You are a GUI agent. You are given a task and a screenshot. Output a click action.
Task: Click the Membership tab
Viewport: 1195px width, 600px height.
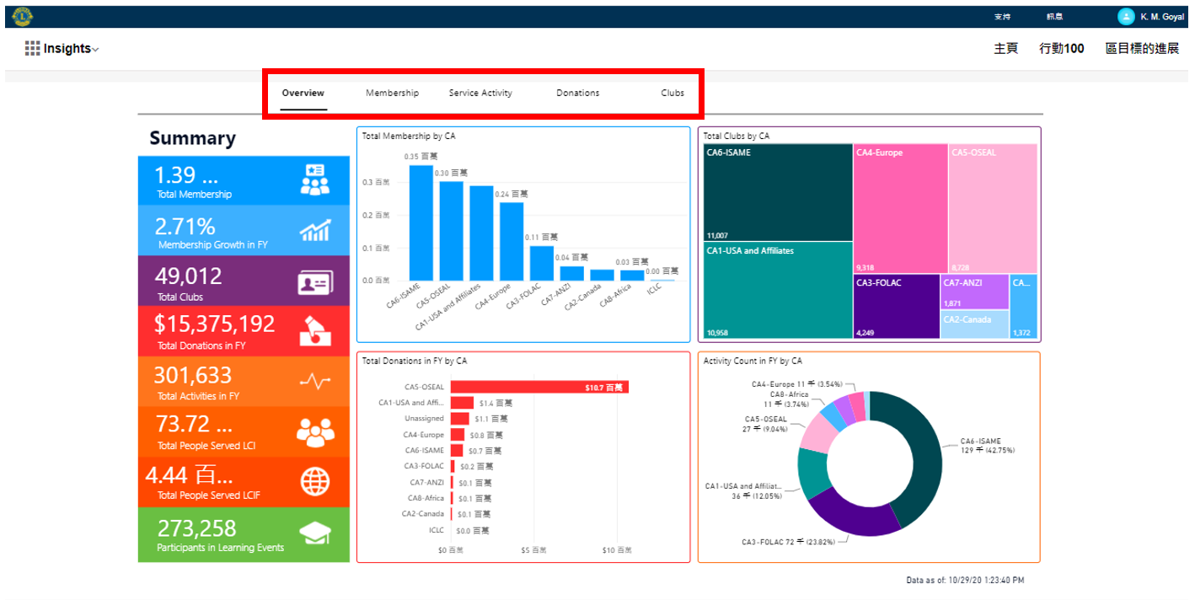click(392, 93)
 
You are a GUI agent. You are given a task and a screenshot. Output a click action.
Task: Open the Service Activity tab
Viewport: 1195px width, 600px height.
click(480, 93)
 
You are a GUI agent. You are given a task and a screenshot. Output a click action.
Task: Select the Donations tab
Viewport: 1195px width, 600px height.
click(578, 93)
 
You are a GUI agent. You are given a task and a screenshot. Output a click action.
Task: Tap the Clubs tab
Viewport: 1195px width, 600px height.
click(673, 93)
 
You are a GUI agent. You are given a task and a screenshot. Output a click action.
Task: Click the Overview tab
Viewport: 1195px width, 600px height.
click(303, 93)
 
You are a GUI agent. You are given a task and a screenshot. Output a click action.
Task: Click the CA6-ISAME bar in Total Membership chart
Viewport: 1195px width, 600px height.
click(421, 223)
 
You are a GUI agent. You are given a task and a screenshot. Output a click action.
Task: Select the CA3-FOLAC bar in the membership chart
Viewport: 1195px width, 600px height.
click(542, 263)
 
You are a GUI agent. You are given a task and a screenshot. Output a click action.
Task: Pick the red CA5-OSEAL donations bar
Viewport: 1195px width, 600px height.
click(539, 387)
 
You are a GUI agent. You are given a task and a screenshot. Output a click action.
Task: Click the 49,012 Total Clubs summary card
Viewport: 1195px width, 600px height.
click(244, 281)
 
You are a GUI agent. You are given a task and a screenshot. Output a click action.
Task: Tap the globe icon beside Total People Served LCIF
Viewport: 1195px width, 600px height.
click(315, 482)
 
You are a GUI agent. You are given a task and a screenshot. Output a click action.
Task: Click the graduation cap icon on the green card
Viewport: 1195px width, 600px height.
click(315, 533)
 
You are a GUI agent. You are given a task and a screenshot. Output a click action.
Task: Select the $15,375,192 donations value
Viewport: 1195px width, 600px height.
click(215, 324)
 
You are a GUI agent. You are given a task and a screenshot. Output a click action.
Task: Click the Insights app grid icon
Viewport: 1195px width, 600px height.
click(33, 49)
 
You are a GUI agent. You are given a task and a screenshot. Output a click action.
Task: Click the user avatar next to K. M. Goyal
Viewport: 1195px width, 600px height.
click(1126, 17)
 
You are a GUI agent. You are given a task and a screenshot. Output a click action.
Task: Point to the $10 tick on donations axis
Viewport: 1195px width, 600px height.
click(617, 550)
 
